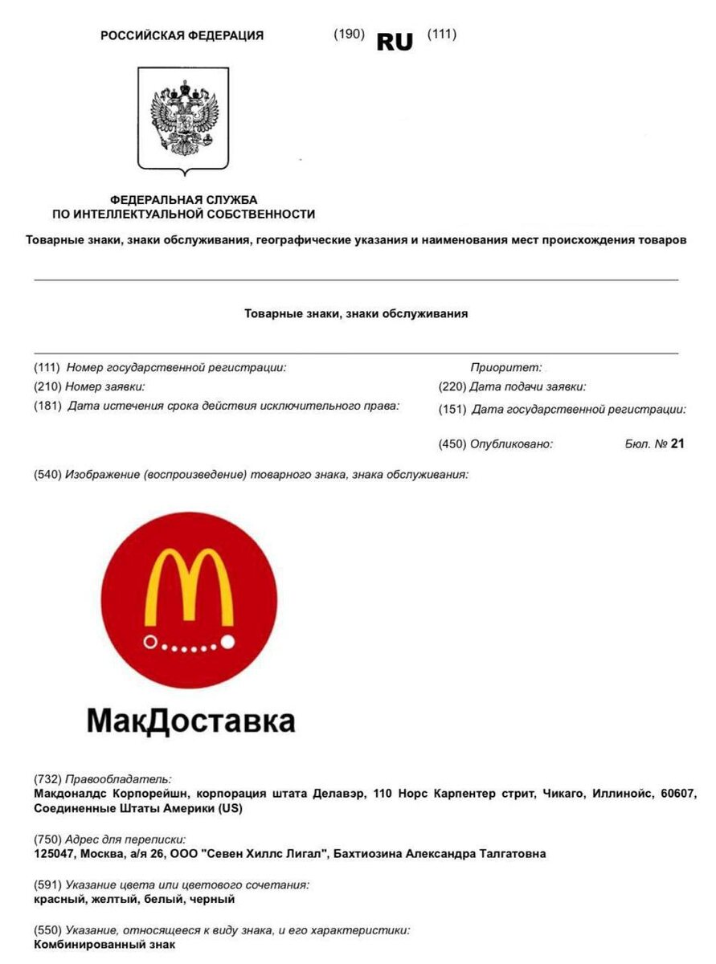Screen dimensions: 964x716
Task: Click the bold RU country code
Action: pos(395,42)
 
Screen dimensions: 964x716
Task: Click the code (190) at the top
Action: pos(349,34)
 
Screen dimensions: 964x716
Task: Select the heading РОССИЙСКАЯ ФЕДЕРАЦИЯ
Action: pos(182,35)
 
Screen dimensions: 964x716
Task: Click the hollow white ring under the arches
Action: pos(150,642)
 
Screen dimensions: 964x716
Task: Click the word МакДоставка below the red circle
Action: pos(190,720)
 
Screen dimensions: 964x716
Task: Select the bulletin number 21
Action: pos(677,443)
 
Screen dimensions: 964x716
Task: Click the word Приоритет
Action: pos(506,368)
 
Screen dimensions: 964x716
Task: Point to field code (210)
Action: pos(47,387)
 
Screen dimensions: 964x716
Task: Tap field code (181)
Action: pos(47,406)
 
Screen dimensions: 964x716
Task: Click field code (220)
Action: pos(452,387)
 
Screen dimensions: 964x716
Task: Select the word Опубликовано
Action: pos(512,443)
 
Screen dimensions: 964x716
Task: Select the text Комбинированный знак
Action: pos(104,945)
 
